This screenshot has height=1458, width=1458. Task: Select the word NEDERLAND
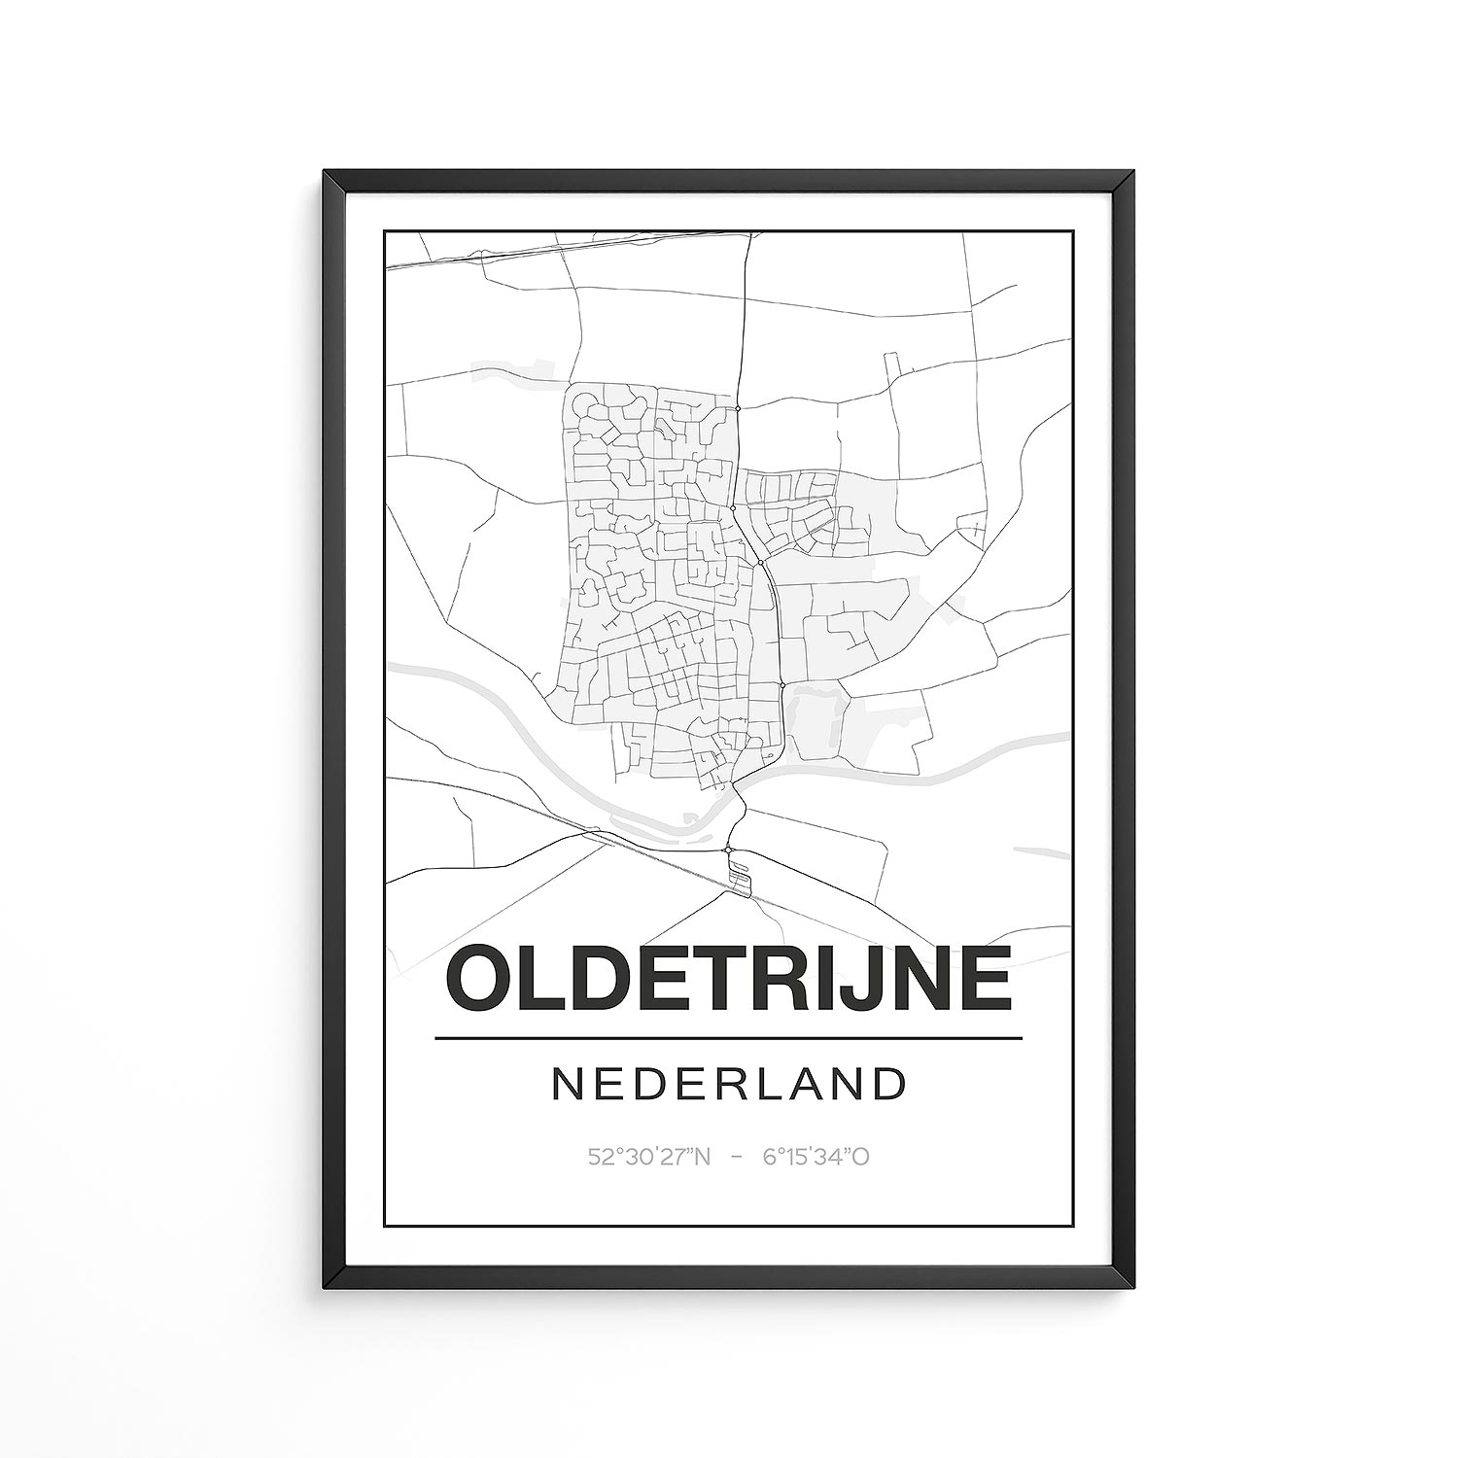pos(728,1084)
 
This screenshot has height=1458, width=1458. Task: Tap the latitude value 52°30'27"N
pos(649,1157)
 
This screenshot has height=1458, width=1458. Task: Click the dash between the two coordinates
pos(737,1157)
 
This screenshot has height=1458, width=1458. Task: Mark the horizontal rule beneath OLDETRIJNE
pos(728,1038)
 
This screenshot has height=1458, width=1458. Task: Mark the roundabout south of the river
pos(728,850)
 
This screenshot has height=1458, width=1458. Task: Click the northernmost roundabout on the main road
pos(739,409)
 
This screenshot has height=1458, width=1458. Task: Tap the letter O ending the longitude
pos(860,1157)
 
